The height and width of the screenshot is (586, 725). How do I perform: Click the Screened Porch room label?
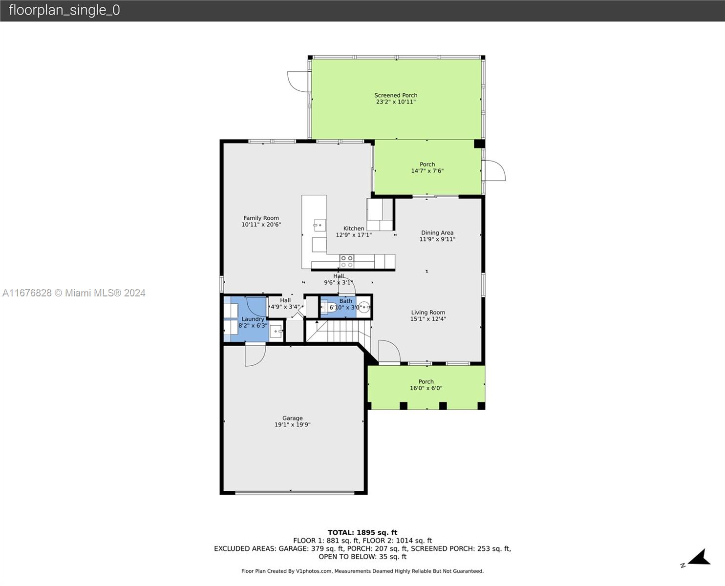396,96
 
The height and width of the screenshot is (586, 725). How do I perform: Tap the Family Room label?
261,218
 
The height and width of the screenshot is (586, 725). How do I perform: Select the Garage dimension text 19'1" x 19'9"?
292,424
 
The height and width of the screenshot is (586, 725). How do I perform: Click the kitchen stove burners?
346,261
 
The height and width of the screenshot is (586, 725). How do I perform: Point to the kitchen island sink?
320,225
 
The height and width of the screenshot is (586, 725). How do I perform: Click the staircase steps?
339,331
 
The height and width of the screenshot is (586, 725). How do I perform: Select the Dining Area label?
437,232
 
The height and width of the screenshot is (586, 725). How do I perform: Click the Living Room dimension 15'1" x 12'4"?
428,319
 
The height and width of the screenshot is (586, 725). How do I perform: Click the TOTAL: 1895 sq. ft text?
362,533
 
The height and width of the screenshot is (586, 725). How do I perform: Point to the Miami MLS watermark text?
74,293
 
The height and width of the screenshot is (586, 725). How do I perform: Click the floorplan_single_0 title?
64,10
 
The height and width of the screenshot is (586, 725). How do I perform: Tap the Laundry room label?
253,319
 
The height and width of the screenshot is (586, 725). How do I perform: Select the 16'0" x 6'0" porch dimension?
426,388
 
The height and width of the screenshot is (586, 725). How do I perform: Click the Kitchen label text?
354,229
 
